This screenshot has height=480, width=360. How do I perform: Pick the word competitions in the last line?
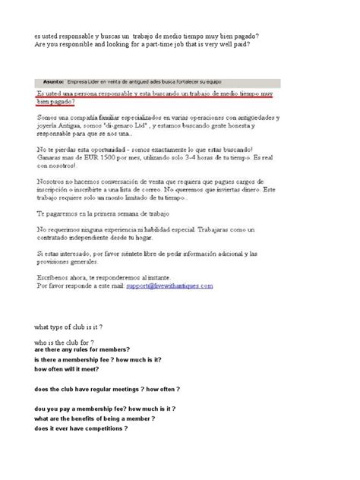[100, 428]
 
